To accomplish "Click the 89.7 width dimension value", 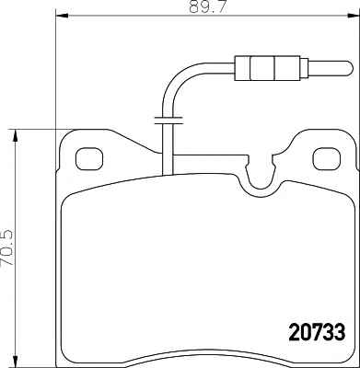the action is tap(207, 6).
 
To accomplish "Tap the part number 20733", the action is tap(317, 332).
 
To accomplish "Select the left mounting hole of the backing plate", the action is tap(89, 159).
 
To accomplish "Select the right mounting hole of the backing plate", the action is tap(327, 159).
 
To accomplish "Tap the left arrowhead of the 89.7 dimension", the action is tap(62, 16).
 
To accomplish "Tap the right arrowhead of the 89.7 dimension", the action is tap(353, 16).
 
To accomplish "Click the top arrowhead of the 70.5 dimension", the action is tap(15, 135).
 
